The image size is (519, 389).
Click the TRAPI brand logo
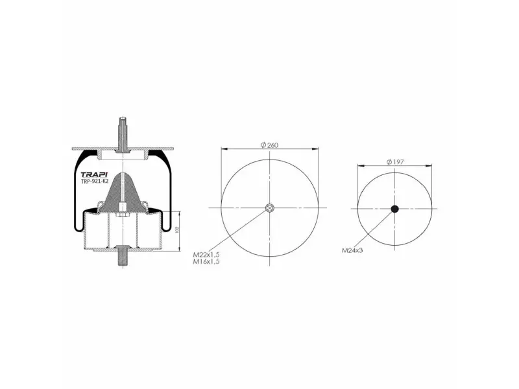(94, 174)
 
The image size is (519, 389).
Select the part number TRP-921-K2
(95, 182)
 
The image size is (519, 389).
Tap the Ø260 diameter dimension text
(269, 145)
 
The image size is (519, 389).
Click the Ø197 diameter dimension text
(395, 161)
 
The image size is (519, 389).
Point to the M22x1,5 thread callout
(206, 255)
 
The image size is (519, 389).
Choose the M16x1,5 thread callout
(206, 262)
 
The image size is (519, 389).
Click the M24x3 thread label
(352, 250)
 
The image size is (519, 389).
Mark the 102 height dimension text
(176, 230)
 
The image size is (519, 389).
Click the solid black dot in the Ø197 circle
(394, 209)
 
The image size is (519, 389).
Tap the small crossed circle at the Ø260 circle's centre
(269, 207)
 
